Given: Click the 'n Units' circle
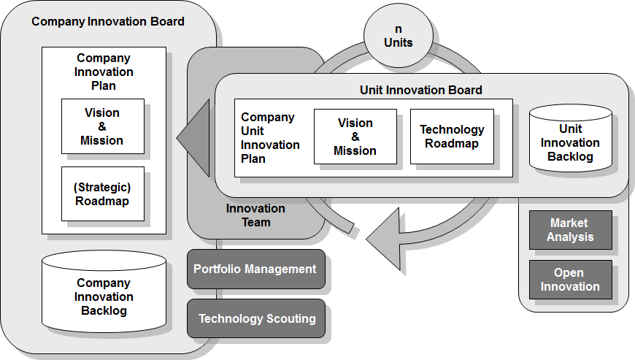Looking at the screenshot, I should (x=399, y=36).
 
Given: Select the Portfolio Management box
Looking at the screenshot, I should (x=255, y=269).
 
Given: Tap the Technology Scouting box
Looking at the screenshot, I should (x=257, y=318).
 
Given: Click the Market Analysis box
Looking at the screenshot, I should (x=570, y=230).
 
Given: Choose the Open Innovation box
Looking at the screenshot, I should (x=570, y=280).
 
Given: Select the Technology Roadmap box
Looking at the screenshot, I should (x=452, y=137).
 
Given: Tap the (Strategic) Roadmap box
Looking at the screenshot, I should (x=102, y=194).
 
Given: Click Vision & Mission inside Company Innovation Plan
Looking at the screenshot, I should (x=102, y=126).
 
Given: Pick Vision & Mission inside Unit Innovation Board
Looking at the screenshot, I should (x=355, y=137).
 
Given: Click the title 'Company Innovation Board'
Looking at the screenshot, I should (x=108, y=21).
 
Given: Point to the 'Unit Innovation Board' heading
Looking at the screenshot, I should (x=421, y=91).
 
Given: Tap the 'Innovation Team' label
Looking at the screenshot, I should (x=255, y=215).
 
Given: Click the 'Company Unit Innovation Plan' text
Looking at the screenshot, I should (x=269, y=137).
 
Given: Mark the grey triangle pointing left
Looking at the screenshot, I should (x=194, y=137).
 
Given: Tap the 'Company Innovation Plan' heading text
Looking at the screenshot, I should (x=104, y=72).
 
